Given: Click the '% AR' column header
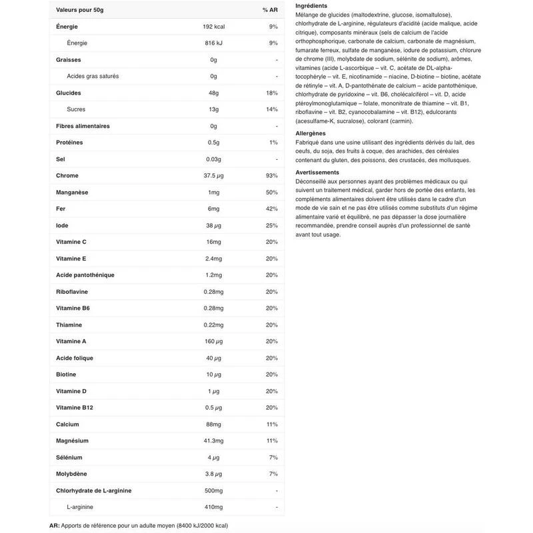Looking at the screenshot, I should (x=269, y=10).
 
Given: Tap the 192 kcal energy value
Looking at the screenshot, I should (x=213, y=27).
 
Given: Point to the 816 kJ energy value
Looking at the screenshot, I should (x=213, y=43).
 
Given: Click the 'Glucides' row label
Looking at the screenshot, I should (x=69, y=93).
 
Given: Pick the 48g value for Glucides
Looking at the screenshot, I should (x=213, y=93).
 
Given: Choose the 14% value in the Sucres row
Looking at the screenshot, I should (x=271, y=109).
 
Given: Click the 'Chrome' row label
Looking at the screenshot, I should (x=67, y=175).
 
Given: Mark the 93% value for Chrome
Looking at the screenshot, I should (x=271, y=175).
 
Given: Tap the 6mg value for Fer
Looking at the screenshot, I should (x=213, y=209).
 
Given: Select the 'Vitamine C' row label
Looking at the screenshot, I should (x=71, y=242).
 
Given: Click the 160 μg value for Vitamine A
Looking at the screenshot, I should (x=213, y=341).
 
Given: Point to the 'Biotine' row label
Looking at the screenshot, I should (x=66, y=374).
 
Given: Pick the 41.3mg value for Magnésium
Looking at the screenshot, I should (x=213, y=440).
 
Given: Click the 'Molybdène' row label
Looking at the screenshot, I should (x=72, y=474).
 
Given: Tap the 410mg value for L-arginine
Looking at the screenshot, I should (x=213, y=507).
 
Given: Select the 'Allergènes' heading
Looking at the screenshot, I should (x=310, y=133).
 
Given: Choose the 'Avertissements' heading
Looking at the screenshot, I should (x=317, y=173).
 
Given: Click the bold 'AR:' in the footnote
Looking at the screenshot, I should (x=55, y=526).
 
